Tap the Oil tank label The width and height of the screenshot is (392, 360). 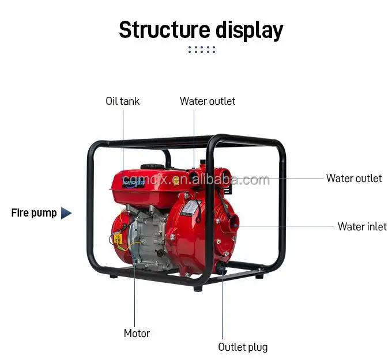[122, 101]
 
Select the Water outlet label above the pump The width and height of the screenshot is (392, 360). [208, 101]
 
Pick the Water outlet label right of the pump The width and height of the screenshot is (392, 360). [354, 179]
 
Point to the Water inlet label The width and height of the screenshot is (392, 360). [362, 227]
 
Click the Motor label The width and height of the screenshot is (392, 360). [137, 334]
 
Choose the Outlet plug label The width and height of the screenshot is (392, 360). [243, 347]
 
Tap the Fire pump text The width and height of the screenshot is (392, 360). [34, 213]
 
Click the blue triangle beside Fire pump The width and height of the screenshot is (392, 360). [66, 213]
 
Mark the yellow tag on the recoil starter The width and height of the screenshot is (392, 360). [118, 237]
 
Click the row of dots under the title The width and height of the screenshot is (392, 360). [201, 50]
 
